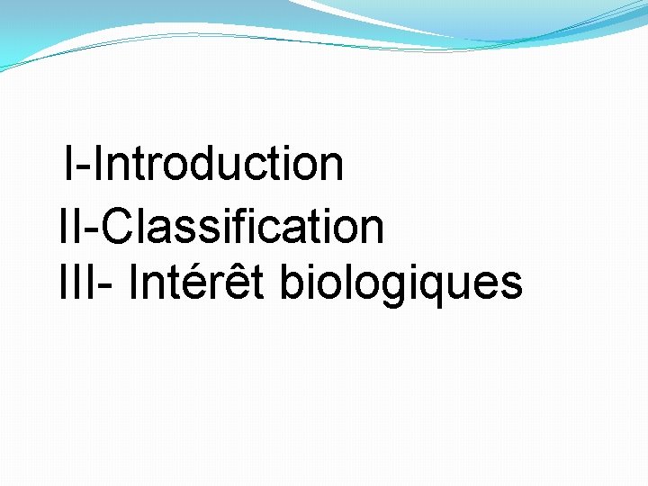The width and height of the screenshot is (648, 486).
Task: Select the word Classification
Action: click(242, 227)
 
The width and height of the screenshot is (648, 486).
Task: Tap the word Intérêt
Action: click(201, 283)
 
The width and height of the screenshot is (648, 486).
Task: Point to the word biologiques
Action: click(401, 284)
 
